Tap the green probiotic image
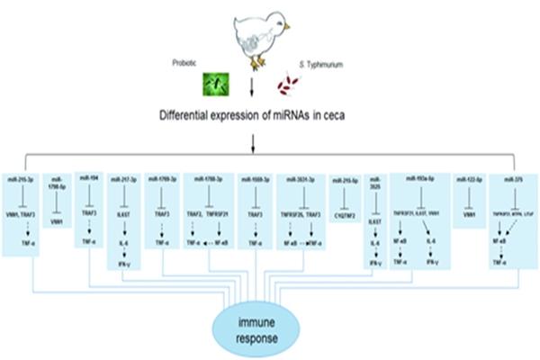click(x=214, y=84)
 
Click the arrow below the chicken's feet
click(x=254, y=86)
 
